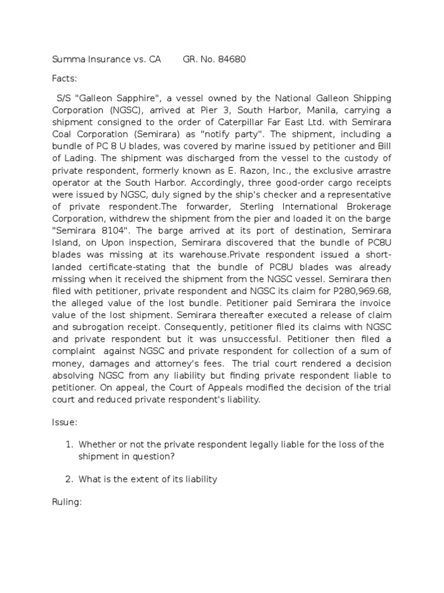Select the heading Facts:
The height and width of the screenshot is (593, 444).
point(64,78)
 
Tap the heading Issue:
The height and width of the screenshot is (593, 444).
point(64,423)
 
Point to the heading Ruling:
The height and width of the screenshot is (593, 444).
point(66,503)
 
